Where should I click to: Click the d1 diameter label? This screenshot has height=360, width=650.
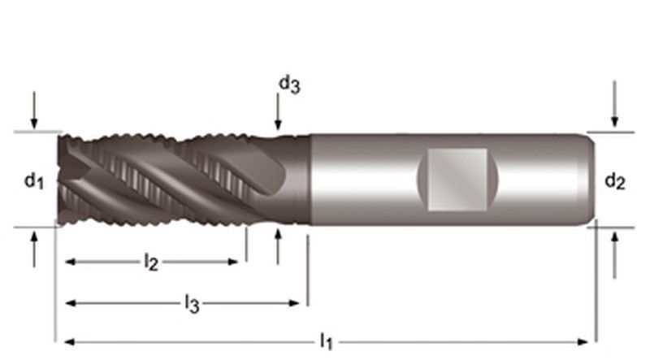click(x=34, y=182)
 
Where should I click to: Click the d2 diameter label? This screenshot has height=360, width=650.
click(x=615, y=182)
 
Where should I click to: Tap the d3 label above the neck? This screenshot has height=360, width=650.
click(x=289, y=85)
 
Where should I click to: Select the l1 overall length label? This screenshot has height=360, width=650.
click(x=327, y=341)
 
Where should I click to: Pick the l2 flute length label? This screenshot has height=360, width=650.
click(x=151, y=262)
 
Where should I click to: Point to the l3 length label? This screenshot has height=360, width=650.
click(x=192, y=304)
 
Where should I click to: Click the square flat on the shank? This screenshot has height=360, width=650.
click(x=457, y=179)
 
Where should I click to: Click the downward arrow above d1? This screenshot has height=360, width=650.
click(x=34, y=110)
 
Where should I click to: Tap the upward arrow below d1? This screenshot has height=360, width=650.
click(x=34, y=249)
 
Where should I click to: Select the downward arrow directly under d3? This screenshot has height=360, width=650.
click(x=278, y=111)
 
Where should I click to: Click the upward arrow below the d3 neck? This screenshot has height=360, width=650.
click(x=278, y=246)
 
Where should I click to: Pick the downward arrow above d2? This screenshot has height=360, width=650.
click(x=615, y=104)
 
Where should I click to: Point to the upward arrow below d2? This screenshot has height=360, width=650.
click(x=615, y=255)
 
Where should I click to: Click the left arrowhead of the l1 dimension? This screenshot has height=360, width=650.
click(x=70, y=342)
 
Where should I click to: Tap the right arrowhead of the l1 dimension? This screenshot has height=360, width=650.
click(x=583, y=342)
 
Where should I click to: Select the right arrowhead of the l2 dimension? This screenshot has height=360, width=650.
click(x=233, y=262)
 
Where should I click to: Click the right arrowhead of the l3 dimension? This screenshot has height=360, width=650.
click(x=294, y=303)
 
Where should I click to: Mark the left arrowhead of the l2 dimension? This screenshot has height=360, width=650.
click(x=71, y=262)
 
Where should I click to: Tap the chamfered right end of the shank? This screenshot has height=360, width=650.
click(x=591, y=179)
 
